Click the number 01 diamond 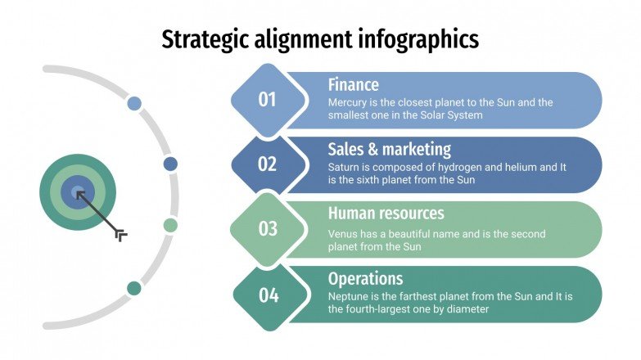(x=268, y=100)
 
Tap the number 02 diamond (x=268, y=164)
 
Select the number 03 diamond (x=268, y=229)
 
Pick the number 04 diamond (x=268, y=295)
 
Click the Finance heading (x=354, y=84)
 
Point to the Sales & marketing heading (x=390, y=149)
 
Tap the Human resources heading (x=386, y=214)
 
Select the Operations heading (x=366, y=278)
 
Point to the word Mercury (x=347, y=103)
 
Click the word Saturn (x=345, y=167)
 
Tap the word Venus (x=343, y=233)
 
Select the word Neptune (x=349, y=296)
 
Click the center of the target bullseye (x=78, y=193)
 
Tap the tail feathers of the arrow (x=121, y=236)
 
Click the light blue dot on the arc (x=134, y=104)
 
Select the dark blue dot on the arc (x=170, y=164)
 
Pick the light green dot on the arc (x=170, y=225)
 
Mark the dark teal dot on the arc (x=134, y=288)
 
